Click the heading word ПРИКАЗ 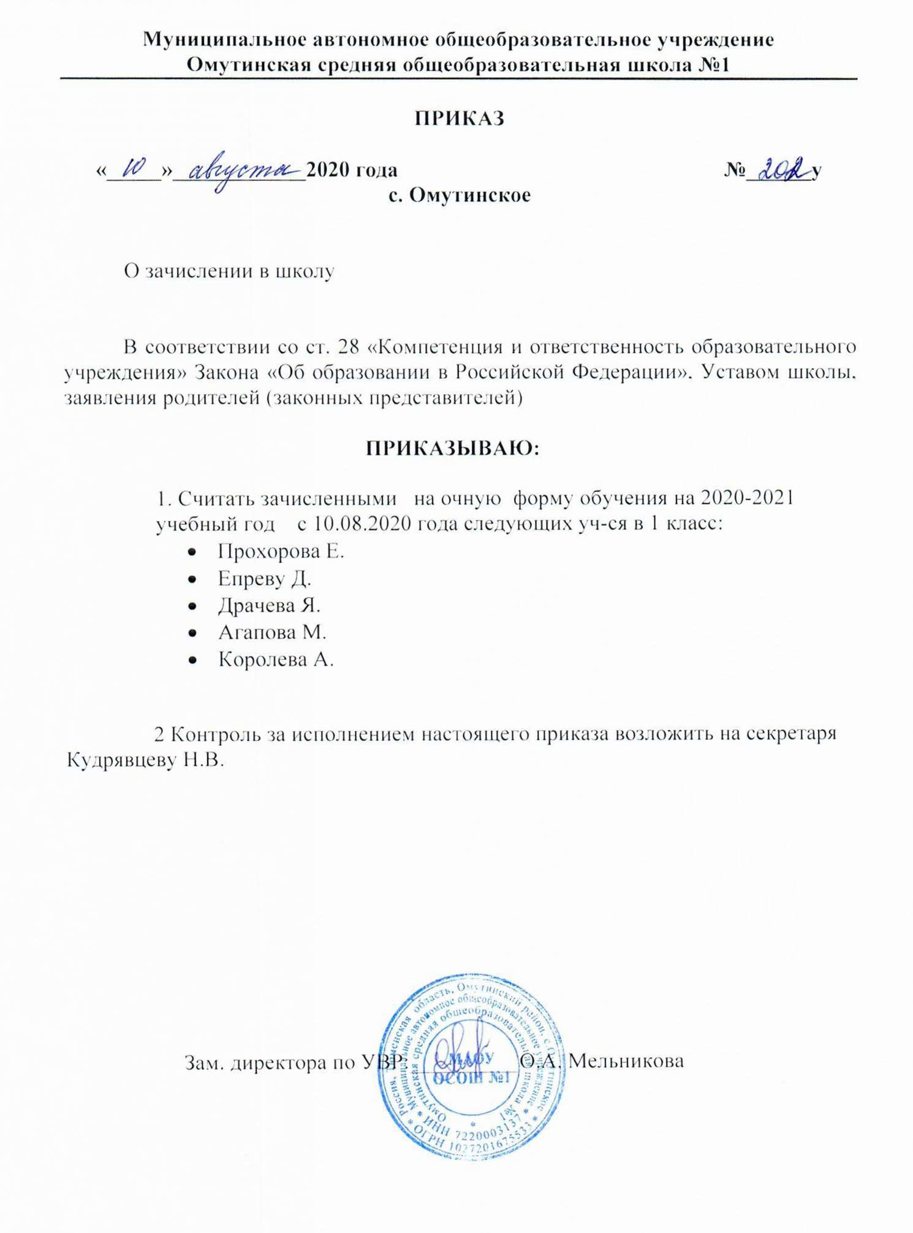(460, 118)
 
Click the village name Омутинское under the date (469, 195)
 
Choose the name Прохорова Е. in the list (281, 552)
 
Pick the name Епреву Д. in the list (264, 579)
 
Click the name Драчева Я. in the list (269, 605)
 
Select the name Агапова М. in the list (272, 632)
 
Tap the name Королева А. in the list (276, 659)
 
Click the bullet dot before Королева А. (192, 660)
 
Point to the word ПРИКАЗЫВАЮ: (452, 449)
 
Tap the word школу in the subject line (305, 271)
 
